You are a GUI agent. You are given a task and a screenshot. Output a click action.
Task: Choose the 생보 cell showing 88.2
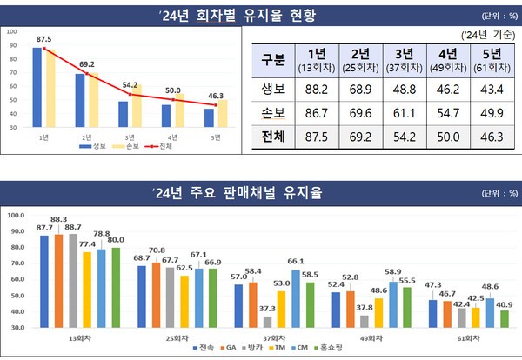click(x=318, y=90)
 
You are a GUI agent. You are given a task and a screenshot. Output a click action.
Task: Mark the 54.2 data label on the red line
click(x=130, y=85)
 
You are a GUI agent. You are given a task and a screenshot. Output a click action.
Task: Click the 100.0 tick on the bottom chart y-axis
click(x=15, y=214)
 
